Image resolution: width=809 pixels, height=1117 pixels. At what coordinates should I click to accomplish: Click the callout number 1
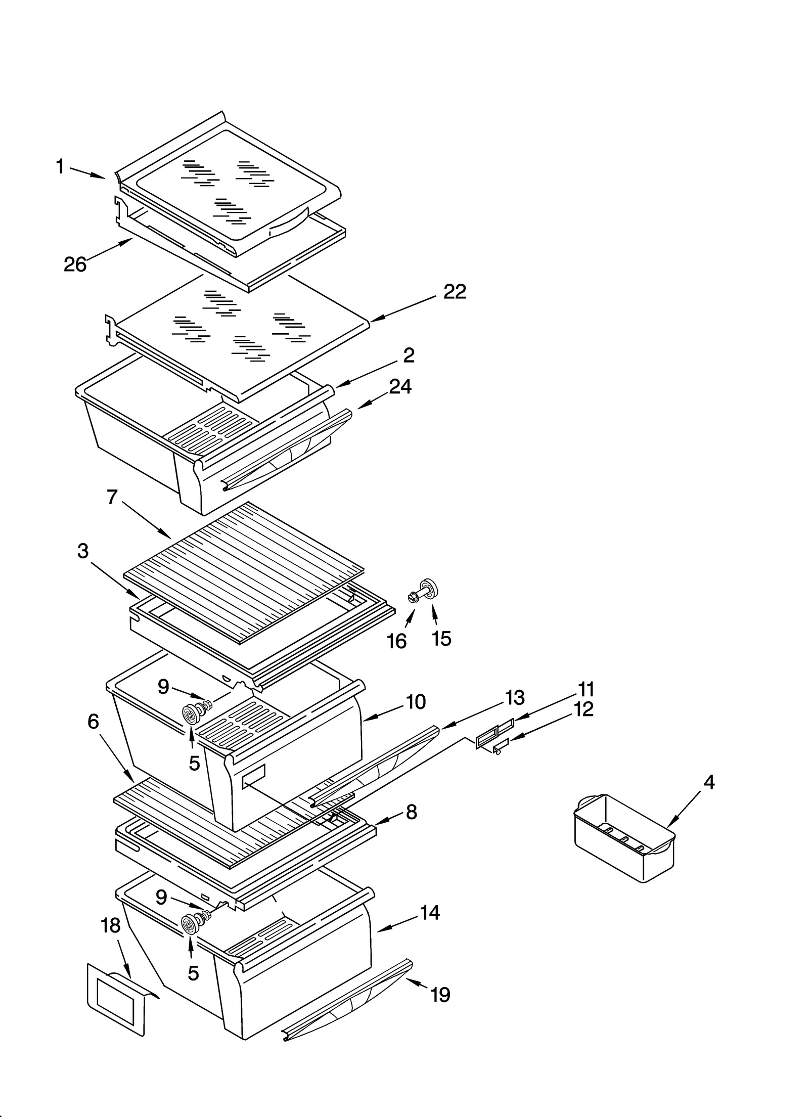(60, 166)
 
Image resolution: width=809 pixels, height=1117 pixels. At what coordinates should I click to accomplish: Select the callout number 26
(75, 264)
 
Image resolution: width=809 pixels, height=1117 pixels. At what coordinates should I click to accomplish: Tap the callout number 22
(455, 292)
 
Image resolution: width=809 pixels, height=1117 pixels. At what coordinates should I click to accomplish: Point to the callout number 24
(400, 387)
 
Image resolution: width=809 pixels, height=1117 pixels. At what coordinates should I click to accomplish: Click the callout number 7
(112, 497)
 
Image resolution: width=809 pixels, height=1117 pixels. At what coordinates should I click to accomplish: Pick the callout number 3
(83, 551)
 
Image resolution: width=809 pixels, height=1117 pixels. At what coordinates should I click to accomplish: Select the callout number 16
(396, 641)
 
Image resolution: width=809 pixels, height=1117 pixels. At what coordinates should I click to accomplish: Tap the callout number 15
(441, 639)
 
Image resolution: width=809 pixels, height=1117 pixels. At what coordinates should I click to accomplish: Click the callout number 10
(416, 702)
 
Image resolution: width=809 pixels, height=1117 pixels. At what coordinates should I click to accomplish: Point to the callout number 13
(515, 698)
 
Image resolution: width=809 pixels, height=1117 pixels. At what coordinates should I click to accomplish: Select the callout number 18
(111, 925)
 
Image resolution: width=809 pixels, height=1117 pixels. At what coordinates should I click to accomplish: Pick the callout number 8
(411, 812)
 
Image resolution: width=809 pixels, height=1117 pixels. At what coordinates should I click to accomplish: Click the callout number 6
(93, 722)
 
